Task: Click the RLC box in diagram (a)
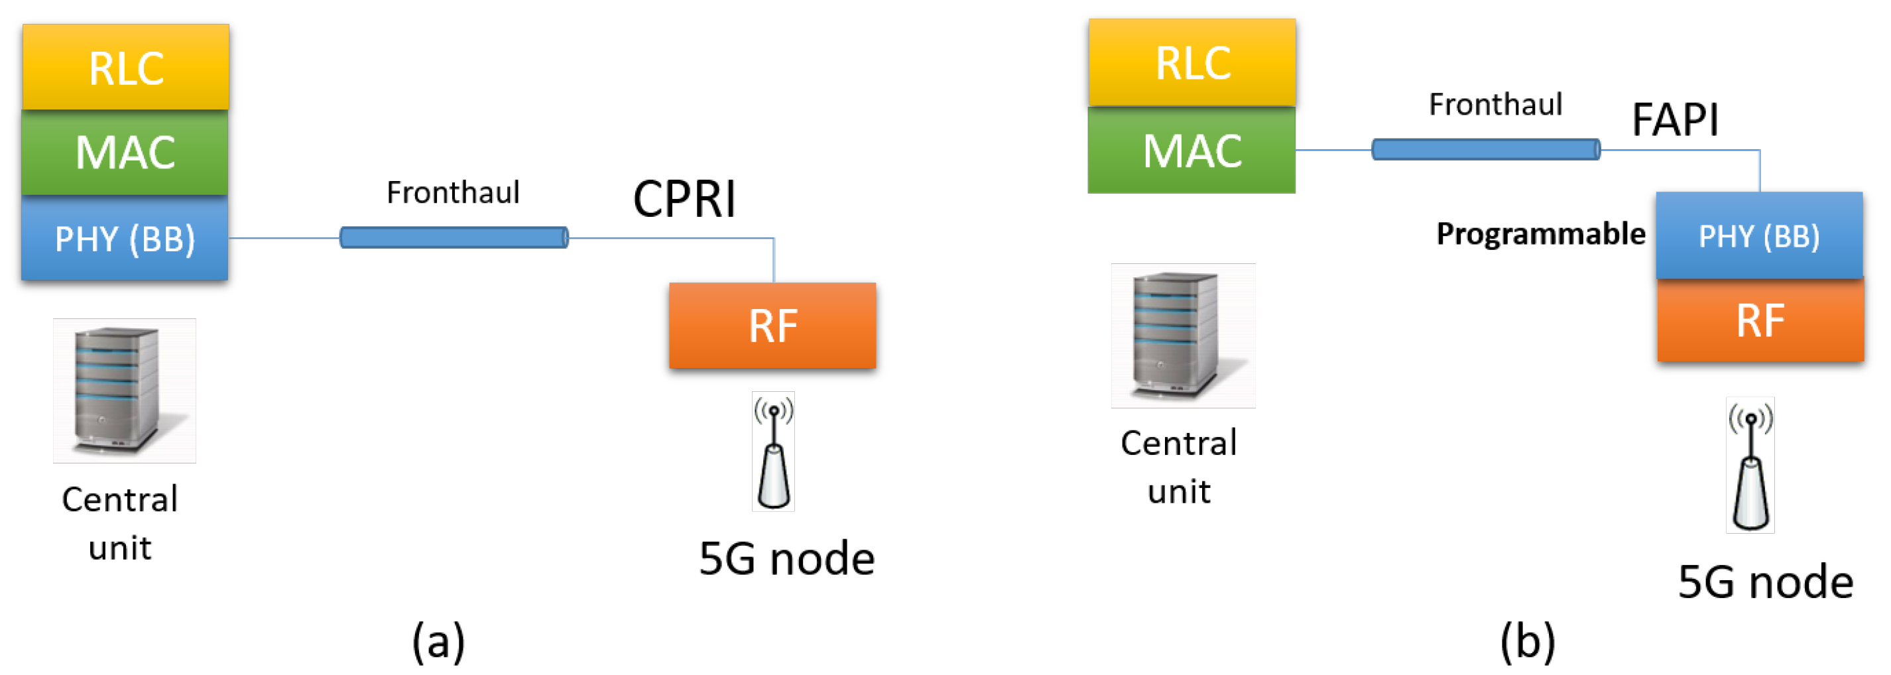click(125, 68)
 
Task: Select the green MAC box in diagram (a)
click(125, 153)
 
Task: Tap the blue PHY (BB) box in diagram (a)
click(125, 239)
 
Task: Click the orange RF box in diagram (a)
click(772, 326)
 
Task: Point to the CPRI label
click(684, 199)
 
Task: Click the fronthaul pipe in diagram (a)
click(454, 238)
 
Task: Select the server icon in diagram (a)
click(124, 391)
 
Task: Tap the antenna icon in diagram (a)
click(773, 452)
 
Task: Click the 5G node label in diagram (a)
click(786, 559)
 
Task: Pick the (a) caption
click(438, 641)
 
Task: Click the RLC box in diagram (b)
click(1192, 62)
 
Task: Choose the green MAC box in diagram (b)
click(1191, 151)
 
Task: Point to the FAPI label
click(1674, 120)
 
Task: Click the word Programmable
click(1540, 234)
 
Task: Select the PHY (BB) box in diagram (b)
click(1759, 237)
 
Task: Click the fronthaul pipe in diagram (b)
click(1486, 150)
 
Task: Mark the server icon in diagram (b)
click(1183, 336)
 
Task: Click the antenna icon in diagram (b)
click(1750, 465)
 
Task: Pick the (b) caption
click(1528, 641)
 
